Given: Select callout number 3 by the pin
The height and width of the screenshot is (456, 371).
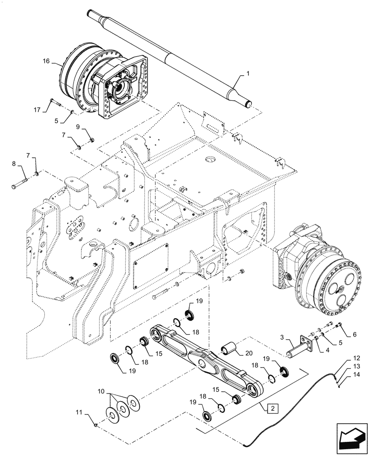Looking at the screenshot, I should point(283,337).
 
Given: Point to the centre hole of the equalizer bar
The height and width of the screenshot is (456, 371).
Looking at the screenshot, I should point(201,364).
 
